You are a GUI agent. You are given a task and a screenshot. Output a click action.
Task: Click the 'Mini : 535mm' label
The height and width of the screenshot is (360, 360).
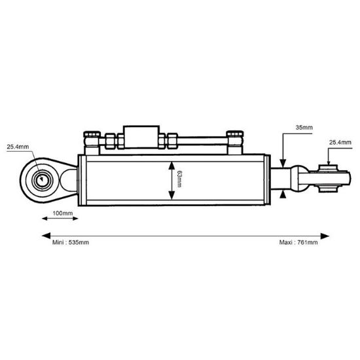click(70, 243)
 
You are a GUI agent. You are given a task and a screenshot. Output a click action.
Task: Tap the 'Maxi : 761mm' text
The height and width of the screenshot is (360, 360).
click(298, 243)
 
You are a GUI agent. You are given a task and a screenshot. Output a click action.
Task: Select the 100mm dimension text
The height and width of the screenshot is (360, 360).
click(62, 213)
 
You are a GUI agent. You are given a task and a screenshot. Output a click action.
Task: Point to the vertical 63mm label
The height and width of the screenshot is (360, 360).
click(179, 179)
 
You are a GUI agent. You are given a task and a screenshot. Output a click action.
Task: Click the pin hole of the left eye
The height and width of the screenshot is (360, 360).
click(41, 177)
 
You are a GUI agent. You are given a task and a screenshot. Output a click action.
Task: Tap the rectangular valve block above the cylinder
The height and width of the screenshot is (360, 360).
click(140, 139)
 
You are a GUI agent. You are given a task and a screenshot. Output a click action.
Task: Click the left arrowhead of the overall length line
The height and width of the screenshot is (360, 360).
click(45, 234)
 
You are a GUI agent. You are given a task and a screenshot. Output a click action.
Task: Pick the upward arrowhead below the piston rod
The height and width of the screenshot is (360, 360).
click(282, 194)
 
